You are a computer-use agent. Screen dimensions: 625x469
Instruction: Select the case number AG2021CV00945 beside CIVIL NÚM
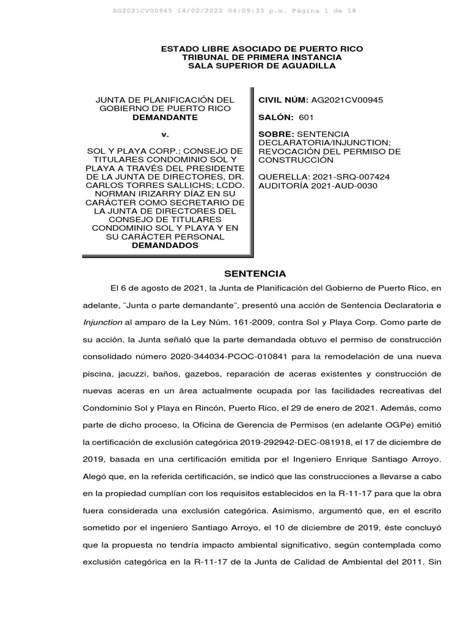[x=347, y=99]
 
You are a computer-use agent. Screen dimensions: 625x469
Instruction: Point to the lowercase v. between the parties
[x=165, y=134]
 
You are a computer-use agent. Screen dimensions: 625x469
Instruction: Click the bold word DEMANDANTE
[x=165, y=117]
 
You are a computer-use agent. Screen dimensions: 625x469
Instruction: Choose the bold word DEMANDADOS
[x=165, y=245]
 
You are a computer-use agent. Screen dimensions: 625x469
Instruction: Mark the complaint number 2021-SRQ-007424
[x=357, y=176]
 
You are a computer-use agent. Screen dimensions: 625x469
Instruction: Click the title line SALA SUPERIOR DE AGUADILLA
[x=261, y=66]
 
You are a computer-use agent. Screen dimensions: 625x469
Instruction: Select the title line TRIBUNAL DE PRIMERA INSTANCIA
[x=261, y=57]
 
